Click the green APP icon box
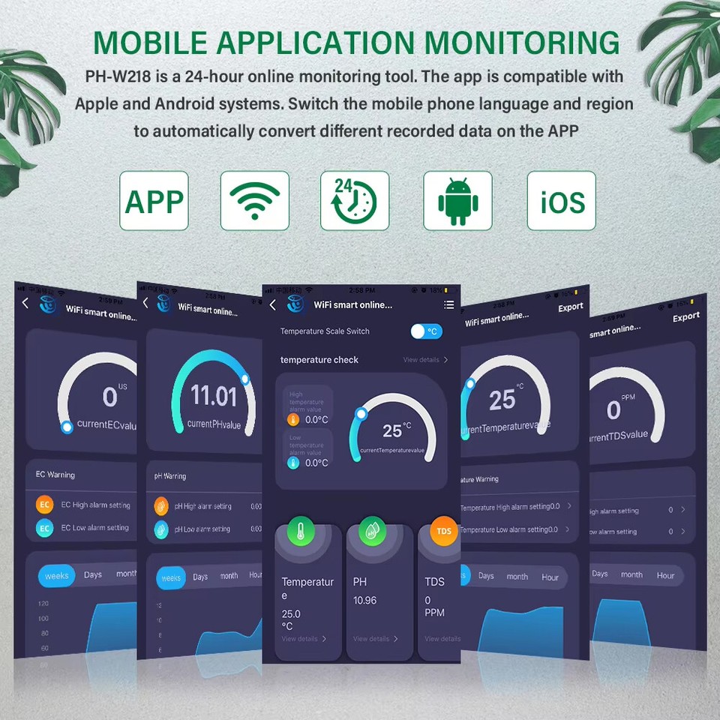(x=154, y=201)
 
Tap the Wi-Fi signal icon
(x=254, y=201)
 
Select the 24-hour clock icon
(x=355, y=201)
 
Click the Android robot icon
(x=457, y=201)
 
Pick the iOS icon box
(x=561, y=201)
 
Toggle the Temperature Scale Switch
(x=426, y=331)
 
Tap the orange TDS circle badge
(x=444, y=531)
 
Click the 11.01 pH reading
(x=214, y=395)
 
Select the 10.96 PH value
(x=364, y=601)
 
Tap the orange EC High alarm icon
(x=45, y=505)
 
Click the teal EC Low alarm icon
(x=45, y=528)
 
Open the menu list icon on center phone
(x=448, y=304)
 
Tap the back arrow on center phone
(x=272, y=304)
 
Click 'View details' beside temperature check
(x=424, y=360)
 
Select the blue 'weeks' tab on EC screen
(x=57, y=576)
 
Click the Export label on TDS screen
(x=685, y=318)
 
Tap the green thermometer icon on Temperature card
(x=301, y=531)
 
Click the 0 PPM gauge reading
(x=614, y=410)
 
